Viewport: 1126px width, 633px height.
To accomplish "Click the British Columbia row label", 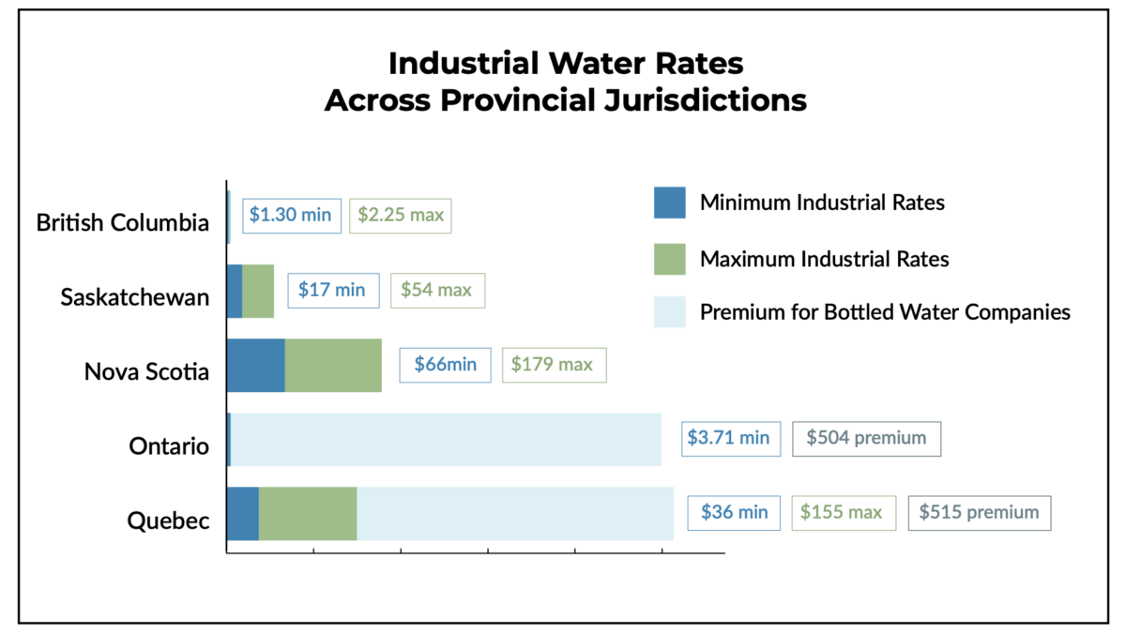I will tap(123, 223).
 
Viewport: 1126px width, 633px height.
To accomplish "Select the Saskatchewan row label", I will tap(135, 297).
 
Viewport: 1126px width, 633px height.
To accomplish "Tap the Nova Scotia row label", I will tap(146, 371).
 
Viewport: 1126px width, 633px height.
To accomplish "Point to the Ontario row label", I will tap(169, 445).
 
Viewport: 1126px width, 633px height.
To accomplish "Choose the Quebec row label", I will tap(169, 520).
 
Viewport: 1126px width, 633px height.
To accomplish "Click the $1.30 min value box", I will tap(290, 215).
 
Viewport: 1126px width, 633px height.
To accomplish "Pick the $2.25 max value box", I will tap(401, 215).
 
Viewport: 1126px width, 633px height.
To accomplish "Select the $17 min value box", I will tap(332, 290).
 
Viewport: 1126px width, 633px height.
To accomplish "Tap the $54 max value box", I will tap(437, 290).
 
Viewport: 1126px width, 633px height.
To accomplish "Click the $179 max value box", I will tap(555, 364).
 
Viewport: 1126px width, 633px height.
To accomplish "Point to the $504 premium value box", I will tap(866, 438).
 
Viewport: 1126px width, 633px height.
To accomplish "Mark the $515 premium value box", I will tap(979, 512).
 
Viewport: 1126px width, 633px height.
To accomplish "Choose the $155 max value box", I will tap(843, 512).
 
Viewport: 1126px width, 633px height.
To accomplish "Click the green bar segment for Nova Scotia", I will tap(333, 365).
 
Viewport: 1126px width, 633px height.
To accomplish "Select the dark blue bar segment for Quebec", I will tap(242, 513).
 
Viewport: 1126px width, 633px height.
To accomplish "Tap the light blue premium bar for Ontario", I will tap(446, 439).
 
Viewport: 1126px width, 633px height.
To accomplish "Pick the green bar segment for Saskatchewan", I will tap(258, 291).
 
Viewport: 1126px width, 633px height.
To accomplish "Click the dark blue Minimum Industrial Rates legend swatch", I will tap(670, 203).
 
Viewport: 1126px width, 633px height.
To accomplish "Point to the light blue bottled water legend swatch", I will tap(670, 312).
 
